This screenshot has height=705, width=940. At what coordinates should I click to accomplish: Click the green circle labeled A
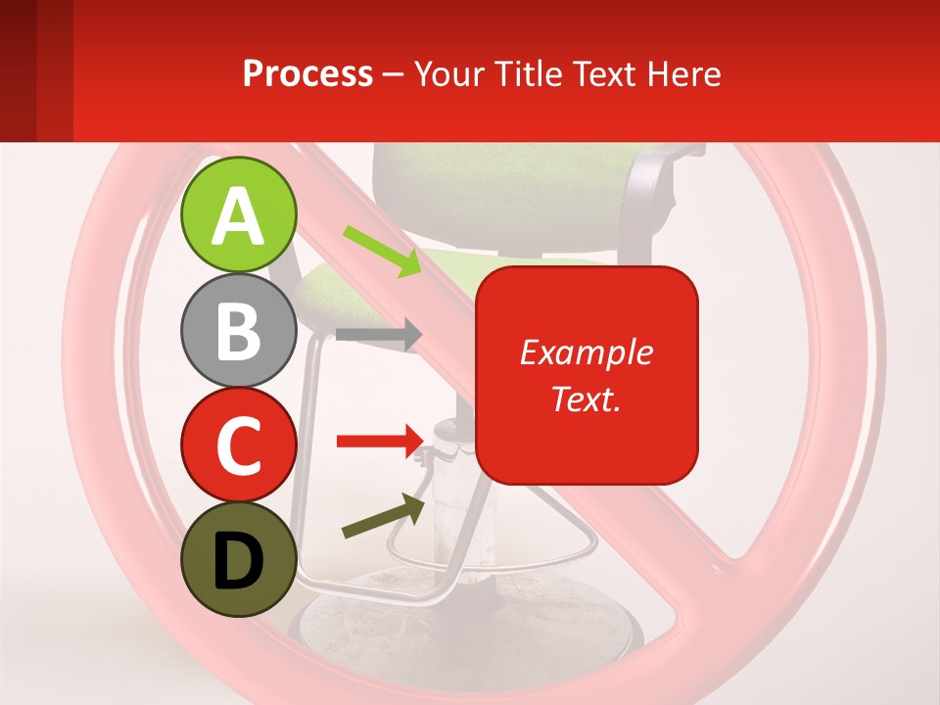(x=238, y=214)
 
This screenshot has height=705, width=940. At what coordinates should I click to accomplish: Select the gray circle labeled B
(x=238, y=331)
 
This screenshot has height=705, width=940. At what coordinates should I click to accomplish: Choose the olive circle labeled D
(x=238, y=559)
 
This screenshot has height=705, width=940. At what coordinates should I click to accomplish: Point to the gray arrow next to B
(x=378, y=335)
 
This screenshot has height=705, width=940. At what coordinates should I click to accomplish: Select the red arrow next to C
(x=378, y=442)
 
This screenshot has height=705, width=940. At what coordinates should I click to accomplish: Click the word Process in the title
(x=307, y=73)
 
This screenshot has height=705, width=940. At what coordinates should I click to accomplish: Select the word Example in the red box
(x=586, y=352)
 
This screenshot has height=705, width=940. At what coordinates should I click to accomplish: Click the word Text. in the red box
(x=586, y=399)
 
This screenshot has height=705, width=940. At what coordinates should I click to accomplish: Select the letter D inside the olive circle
(x=238, y=561)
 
